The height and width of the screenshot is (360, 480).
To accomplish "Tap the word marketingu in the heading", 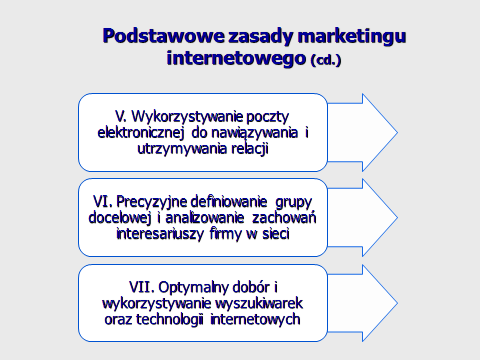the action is click(x=352, y=37).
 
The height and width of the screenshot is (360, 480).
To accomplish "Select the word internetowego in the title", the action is click(x=236, y=59).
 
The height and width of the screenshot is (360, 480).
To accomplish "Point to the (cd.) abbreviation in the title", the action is click(x=326, y=60).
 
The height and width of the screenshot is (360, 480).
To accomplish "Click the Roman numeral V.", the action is click(x=121, y=117).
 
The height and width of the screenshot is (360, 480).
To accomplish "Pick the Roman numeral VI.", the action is click(x=103, y=202).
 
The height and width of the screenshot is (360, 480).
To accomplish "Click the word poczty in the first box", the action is click(x=267, y=117).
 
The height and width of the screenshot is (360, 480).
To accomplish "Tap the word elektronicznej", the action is click(x=141, y=133).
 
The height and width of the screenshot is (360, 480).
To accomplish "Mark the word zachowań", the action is click(x=284, y=218).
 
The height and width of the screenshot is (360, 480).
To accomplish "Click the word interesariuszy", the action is click(x=160, y=234).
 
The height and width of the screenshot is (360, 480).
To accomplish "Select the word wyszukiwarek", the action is click(x=259, y=304).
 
